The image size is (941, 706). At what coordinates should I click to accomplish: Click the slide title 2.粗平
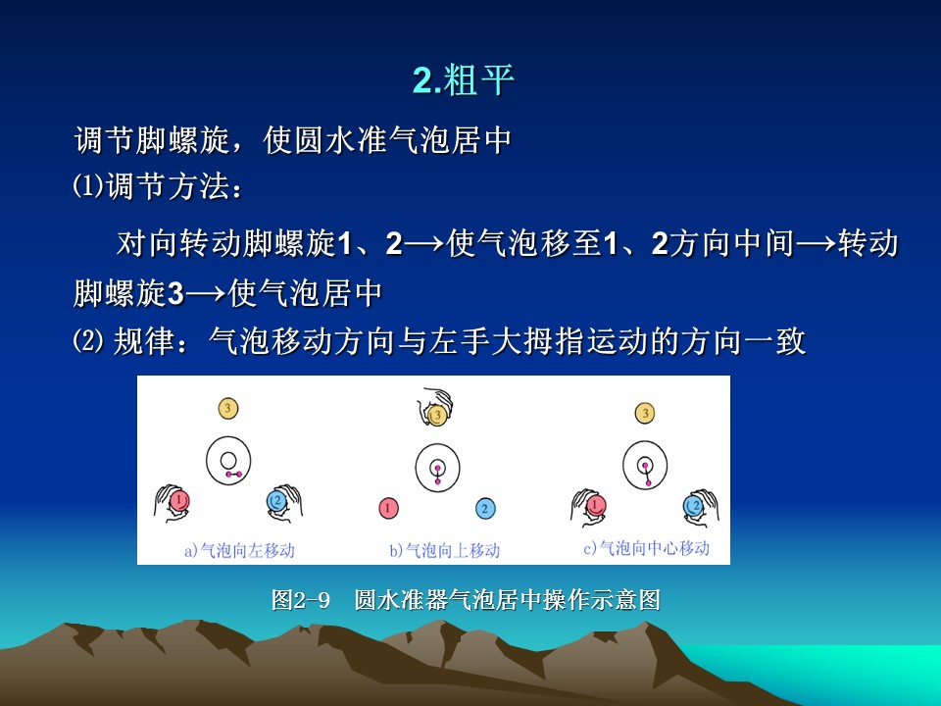(x=464, y=79)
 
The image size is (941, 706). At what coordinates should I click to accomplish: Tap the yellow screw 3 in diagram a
(x=227, y=409)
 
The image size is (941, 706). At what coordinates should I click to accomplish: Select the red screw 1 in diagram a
(x=179, y=501)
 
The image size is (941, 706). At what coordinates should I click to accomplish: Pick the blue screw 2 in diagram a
(x=276, y=501)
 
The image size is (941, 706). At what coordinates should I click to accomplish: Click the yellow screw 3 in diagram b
(x=437, y=415)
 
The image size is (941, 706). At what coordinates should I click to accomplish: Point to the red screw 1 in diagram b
(x=388, y=509)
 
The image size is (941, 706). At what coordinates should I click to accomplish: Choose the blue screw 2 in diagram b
(x=485, y=509)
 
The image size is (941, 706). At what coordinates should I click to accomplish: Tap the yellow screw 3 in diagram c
(x=645, y=413)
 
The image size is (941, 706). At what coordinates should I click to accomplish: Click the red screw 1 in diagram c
(x=595, y=506)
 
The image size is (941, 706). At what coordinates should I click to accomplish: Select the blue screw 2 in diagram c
(x=694, y=506)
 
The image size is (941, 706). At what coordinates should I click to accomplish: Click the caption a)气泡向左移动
(x=239, y=550)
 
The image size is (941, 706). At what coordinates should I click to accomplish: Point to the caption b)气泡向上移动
(x=445, y=550)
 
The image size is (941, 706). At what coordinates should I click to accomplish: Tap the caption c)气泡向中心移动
(x=646, y=547)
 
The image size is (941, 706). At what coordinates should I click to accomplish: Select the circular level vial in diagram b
(x=437, y=445)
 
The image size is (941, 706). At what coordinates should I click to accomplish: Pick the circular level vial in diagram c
(x=645, y=442)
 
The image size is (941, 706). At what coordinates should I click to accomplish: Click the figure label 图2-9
(x=301, y=600)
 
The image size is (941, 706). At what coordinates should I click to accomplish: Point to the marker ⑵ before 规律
(x=87, y=341)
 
